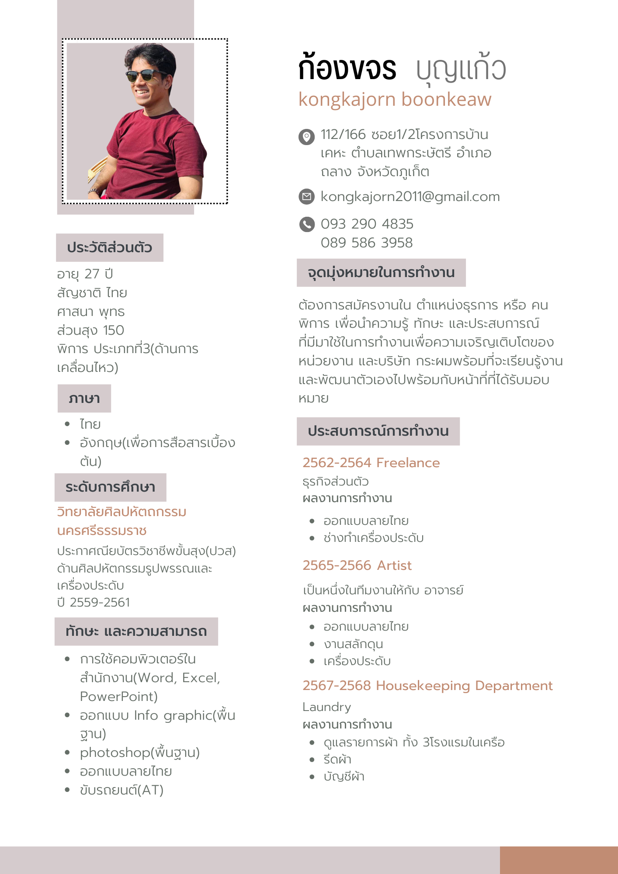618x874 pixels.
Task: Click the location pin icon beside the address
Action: click(x=306, y=137)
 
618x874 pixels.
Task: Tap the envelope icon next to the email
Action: click(x=306, y=197)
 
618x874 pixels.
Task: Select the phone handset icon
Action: click(x=307, y=224)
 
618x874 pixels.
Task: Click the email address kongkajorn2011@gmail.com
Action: click(x=410, y=197)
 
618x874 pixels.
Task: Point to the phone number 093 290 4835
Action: click(x=367, y=224)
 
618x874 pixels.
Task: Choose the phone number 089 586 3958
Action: click(x=366, y=243)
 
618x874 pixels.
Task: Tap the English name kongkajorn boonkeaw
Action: click(x=395, y=100)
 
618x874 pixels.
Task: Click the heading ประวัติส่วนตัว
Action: click(x=109, y=248)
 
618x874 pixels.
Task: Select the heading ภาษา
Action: click(x=84, y=399)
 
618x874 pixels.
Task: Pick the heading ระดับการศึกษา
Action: click(x=110, y=487)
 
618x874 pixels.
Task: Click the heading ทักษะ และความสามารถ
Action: click(x=136, y=631)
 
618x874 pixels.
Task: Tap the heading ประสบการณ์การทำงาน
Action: click(x=378, y=431)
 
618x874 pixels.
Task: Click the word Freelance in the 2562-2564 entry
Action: click(x=408, y=463)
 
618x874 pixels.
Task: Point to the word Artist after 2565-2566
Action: click(x=394, y=565)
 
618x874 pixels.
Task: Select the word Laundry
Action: click(x=326, y=707)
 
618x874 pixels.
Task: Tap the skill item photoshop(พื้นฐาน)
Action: click(x=139, y=753)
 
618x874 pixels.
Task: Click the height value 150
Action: click(x=114, y=330)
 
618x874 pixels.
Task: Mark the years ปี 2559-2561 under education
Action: click(x=94, y=602)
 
